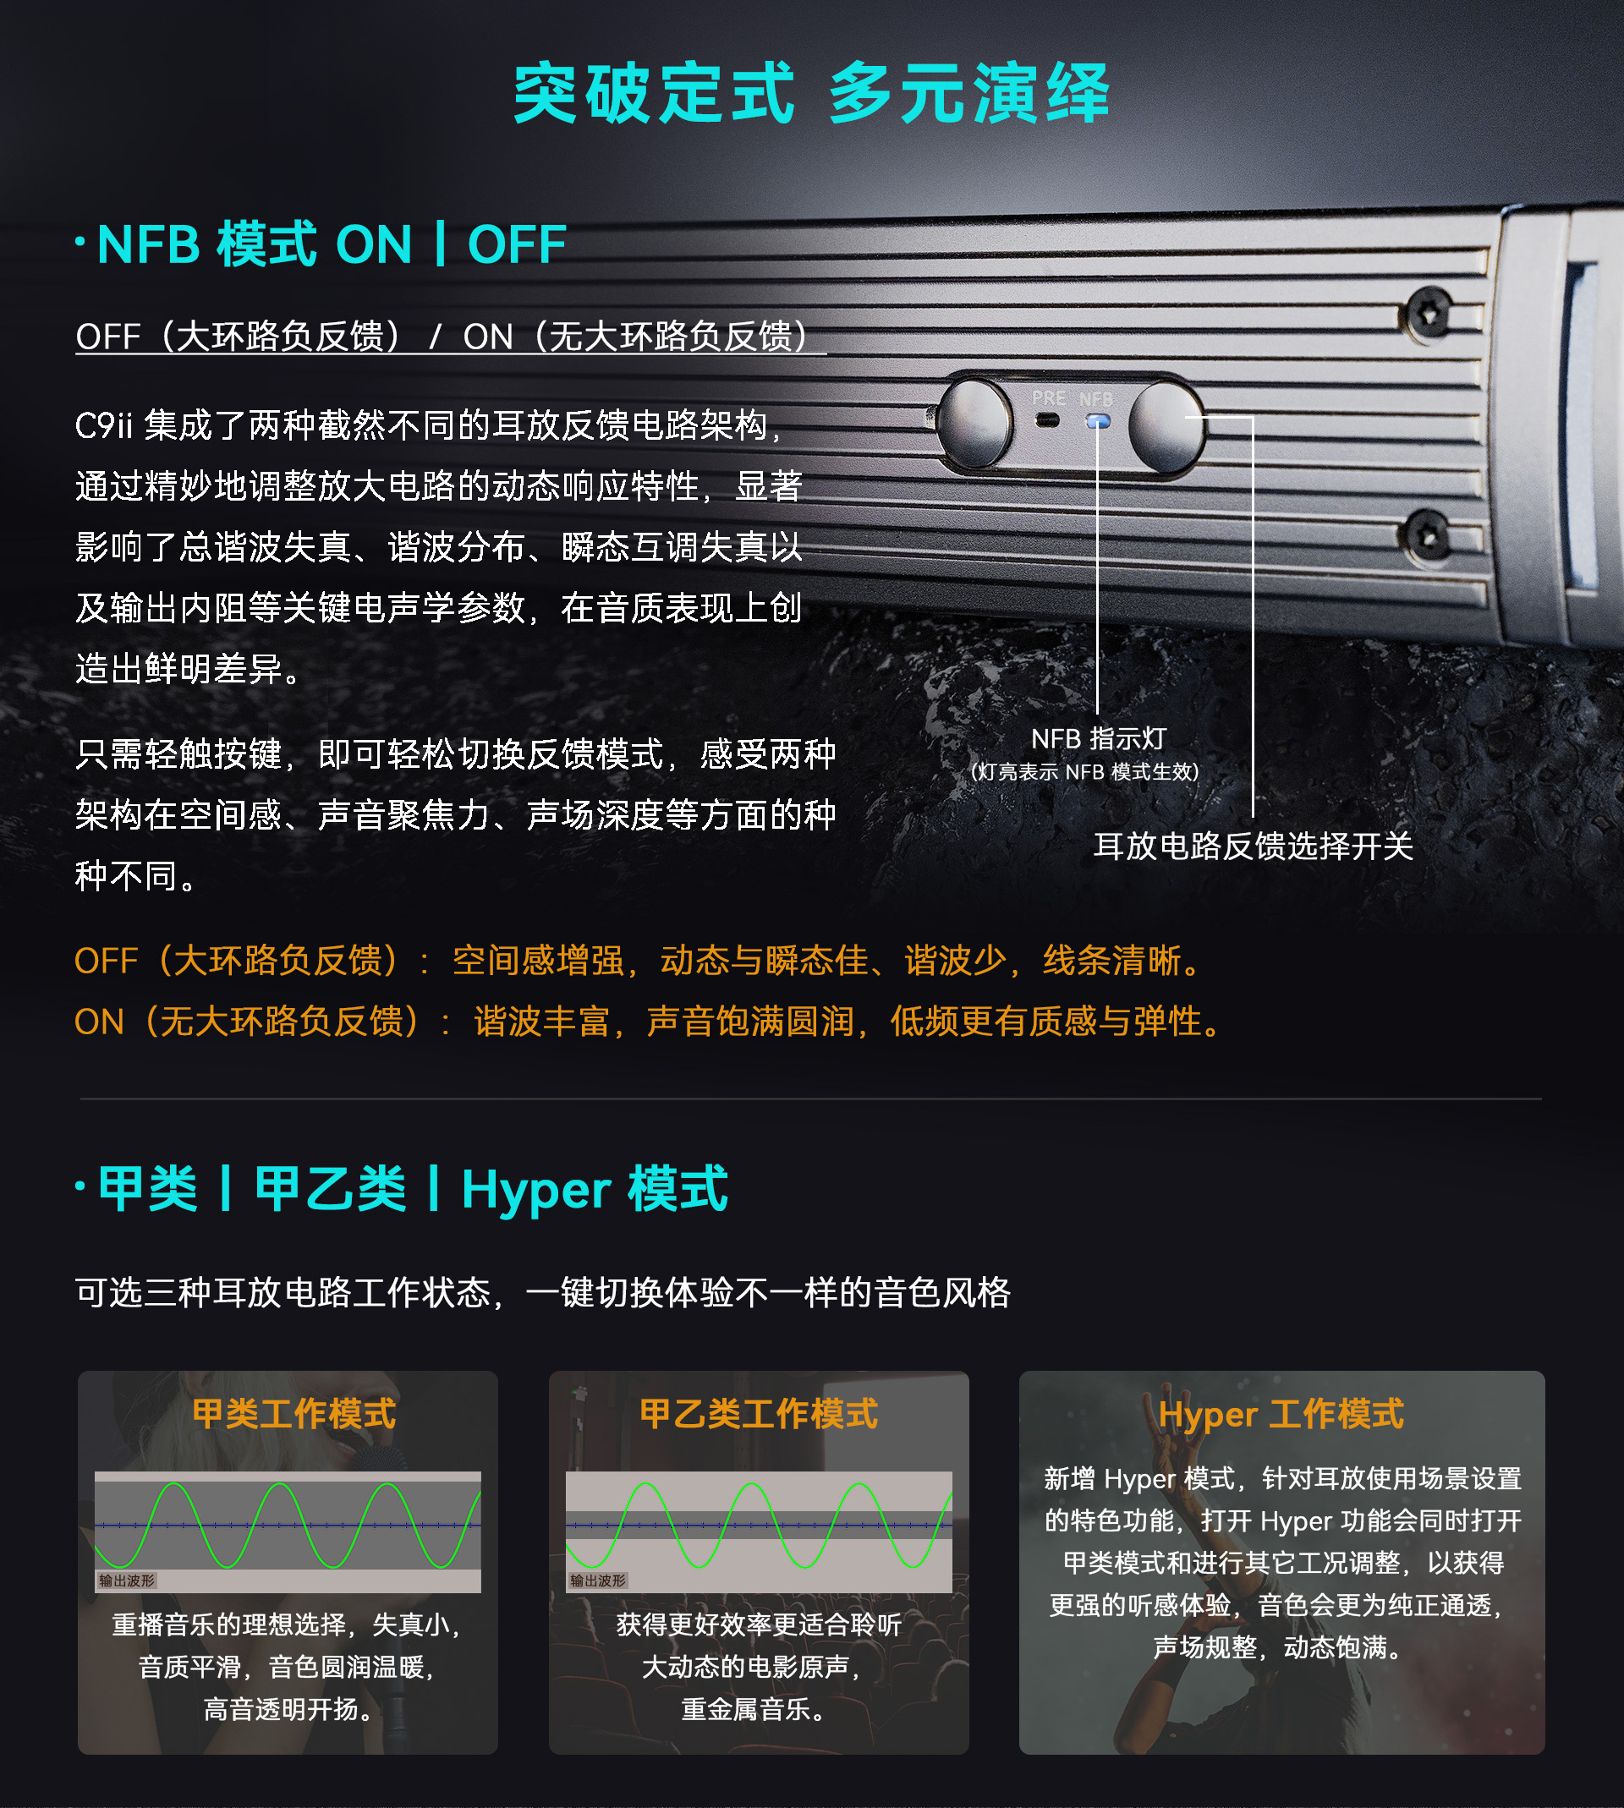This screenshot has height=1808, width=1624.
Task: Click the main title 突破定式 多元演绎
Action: point(811,93)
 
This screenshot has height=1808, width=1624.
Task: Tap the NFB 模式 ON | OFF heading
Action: point(331,244)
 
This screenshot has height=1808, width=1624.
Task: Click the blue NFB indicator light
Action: point(1099,421)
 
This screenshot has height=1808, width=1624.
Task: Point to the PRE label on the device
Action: point(1049,397)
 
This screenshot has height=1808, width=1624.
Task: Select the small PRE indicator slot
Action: point(1048,420)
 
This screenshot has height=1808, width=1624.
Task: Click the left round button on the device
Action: point(975,423)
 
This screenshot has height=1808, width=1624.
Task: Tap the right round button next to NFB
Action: point(1166,425)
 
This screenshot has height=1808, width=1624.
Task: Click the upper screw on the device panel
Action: point(1429,313)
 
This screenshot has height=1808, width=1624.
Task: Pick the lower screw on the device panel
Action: point(1428,534)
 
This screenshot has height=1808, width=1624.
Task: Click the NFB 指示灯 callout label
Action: point(1099,738)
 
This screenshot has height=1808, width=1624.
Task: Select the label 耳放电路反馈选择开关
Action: point(1254,846)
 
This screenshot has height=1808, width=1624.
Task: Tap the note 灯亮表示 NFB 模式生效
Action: point(1084,771)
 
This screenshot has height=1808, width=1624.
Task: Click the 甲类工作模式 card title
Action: point(294,1414)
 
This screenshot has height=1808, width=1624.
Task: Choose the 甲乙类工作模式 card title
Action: point(759,1414)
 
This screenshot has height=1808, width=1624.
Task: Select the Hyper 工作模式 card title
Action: point(1281,1415)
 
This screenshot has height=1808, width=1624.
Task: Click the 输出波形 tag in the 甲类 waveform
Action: point(127,1581)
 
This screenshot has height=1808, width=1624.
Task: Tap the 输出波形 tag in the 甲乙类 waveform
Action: point(598,1581)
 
